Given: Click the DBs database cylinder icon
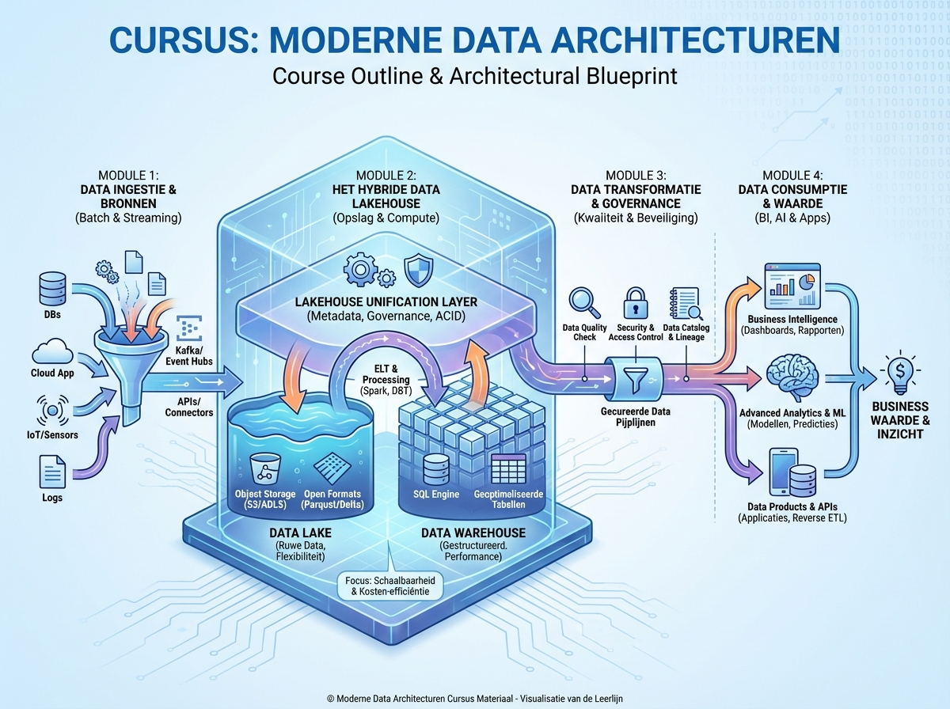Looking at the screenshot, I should [51, 289].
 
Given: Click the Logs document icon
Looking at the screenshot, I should [52, 474].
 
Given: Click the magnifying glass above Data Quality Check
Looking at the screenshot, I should [585, 302].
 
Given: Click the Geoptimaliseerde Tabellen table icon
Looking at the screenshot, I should [504, 470].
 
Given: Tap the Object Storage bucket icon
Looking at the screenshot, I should [263, 468].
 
